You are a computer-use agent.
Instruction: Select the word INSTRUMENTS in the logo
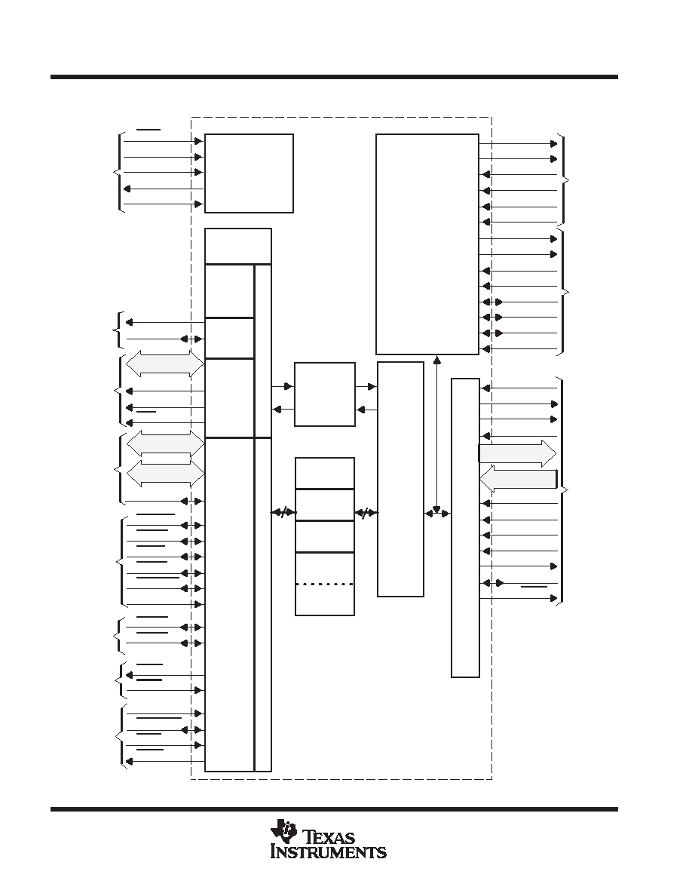pos(329,852)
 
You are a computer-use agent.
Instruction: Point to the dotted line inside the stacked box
pos(324,584)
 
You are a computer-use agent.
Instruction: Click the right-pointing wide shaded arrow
pos(517,454)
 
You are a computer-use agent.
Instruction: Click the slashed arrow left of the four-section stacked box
pos(283,513)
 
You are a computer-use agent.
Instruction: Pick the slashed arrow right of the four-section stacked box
pos(366,513)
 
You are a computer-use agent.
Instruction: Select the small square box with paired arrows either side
pos(324,394)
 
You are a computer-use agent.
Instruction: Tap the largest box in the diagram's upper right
pos(427,244)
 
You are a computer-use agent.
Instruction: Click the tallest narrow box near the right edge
pos(465,527)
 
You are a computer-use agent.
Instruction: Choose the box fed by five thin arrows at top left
pos(249,173)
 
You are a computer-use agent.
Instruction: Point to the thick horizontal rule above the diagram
pos(334,77)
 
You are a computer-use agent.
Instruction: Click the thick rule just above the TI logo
pos(334,809)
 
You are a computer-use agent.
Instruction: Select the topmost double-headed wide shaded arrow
pos(165,364)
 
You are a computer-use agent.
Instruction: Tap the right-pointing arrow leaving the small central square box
pos(366,387)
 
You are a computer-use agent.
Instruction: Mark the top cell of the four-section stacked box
pos(324,473)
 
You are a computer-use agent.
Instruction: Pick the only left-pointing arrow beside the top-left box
pos(164,189)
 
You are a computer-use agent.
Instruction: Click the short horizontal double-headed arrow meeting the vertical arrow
pos(438,513)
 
